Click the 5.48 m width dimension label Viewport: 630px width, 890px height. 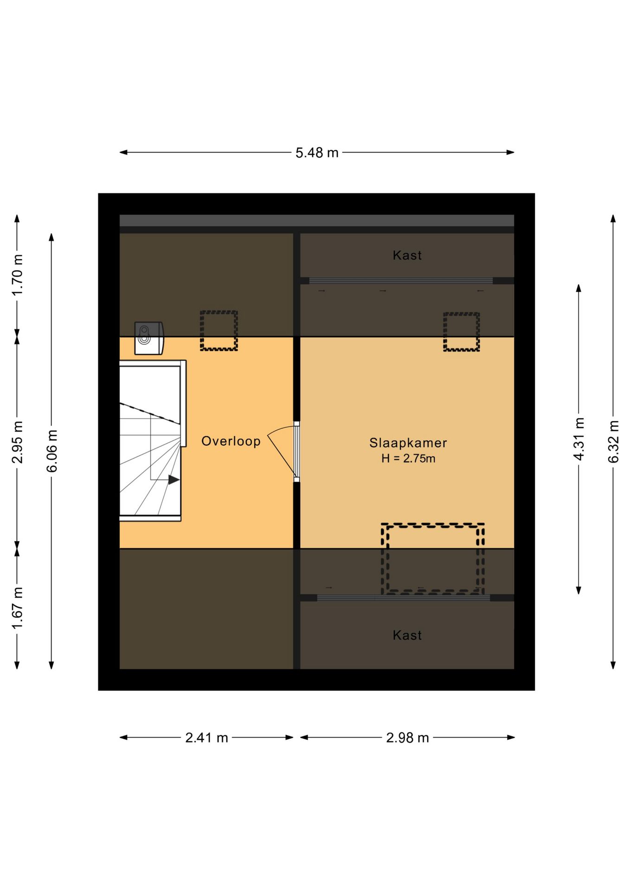[x=317, y=153]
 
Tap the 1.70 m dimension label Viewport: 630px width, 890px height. [x=17, y=275]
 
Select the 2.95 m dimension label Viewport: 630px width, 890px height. [x=17, y=442]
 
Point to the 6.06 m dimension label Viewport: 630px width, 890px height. [x=51, y=451]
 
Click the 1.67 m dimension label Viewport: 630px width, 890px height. [x=17, y=608]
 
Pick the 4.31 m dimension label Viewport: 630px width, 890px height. [x=579, y=439]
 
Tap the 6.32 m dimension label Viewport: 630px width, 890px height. [x=613, y=442]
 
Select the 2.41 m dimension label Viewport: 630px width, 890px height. [x=206, y=737]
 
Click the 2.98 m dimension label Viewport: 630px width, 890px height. [x=407, y=737]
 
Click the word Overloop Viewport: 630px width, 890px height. [x=231, y=441]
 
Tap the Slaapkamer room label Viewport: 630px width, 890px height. [x=408, y=443]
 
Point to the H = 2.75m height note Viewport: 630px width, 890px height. [x=408, y=458]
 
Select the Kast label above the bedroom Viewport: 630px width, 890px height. [x=407, y=255]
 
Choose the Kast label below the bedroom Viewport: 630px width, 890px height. [x=407, y=635]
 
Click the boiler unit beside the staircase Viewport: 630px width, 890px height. [x=149, y=338]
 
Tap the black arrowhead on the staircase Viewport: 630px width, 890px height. [x=174, y=480]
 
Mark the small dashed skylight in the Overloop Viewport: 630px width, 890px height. [x=219, y=331]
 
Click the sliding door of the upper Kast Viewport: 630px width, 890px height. [x=401, y=281]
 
